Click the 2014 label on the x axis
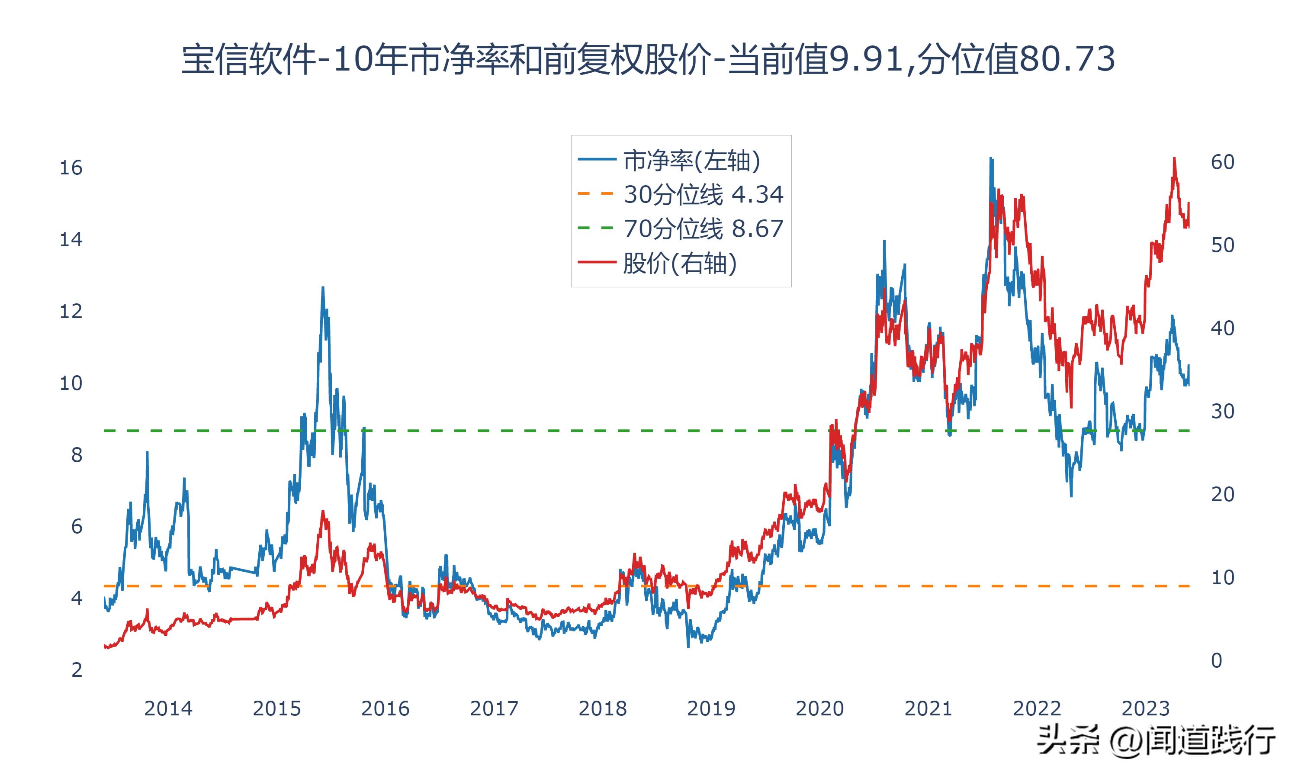tap(168, 708)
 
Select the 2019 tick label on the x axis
tap(711, 708)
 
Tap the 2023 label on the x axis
tap(1145, 708)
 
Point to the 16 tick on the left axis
tap(71, 168)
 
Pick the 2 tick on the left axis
tap(77, 670)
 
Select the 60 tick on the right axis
tap(1222, 162)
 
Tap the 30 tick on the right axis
tap(1222, 412)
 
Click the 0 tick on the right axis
tap(1217, 660)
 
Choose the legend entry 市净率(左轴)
tap(691, 161)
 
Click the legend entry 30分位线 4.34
tap(703, 195)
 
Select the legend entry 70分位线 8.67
tap(703, 229)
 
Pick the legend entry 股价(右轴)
tap(680, 263)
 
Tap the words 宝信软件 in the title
tap(249, 59)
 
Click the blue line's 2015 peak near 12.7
tap(323, 288)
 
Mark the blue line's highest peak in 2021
tap(990, 158)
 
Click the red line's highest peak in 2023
tap(1174, 158)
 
